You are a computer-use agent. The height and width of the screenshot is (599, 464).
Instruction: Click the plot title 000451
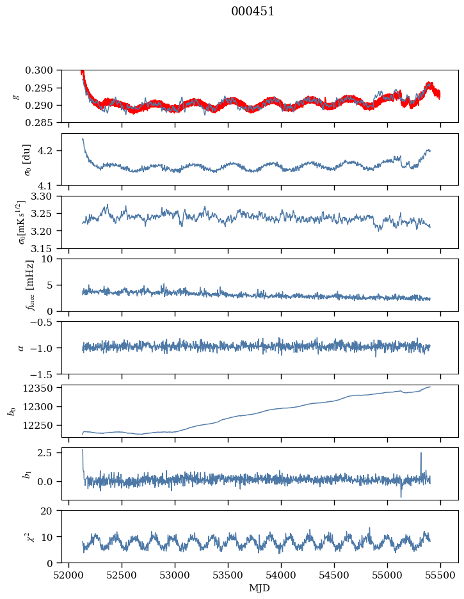pos(253,12)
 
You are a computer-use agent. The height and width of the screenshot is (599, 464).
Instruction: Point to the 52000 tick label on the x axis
pos(69,574)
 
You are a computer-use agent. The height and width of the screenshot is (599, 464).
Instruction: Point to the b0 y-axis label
pos(12,411)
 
